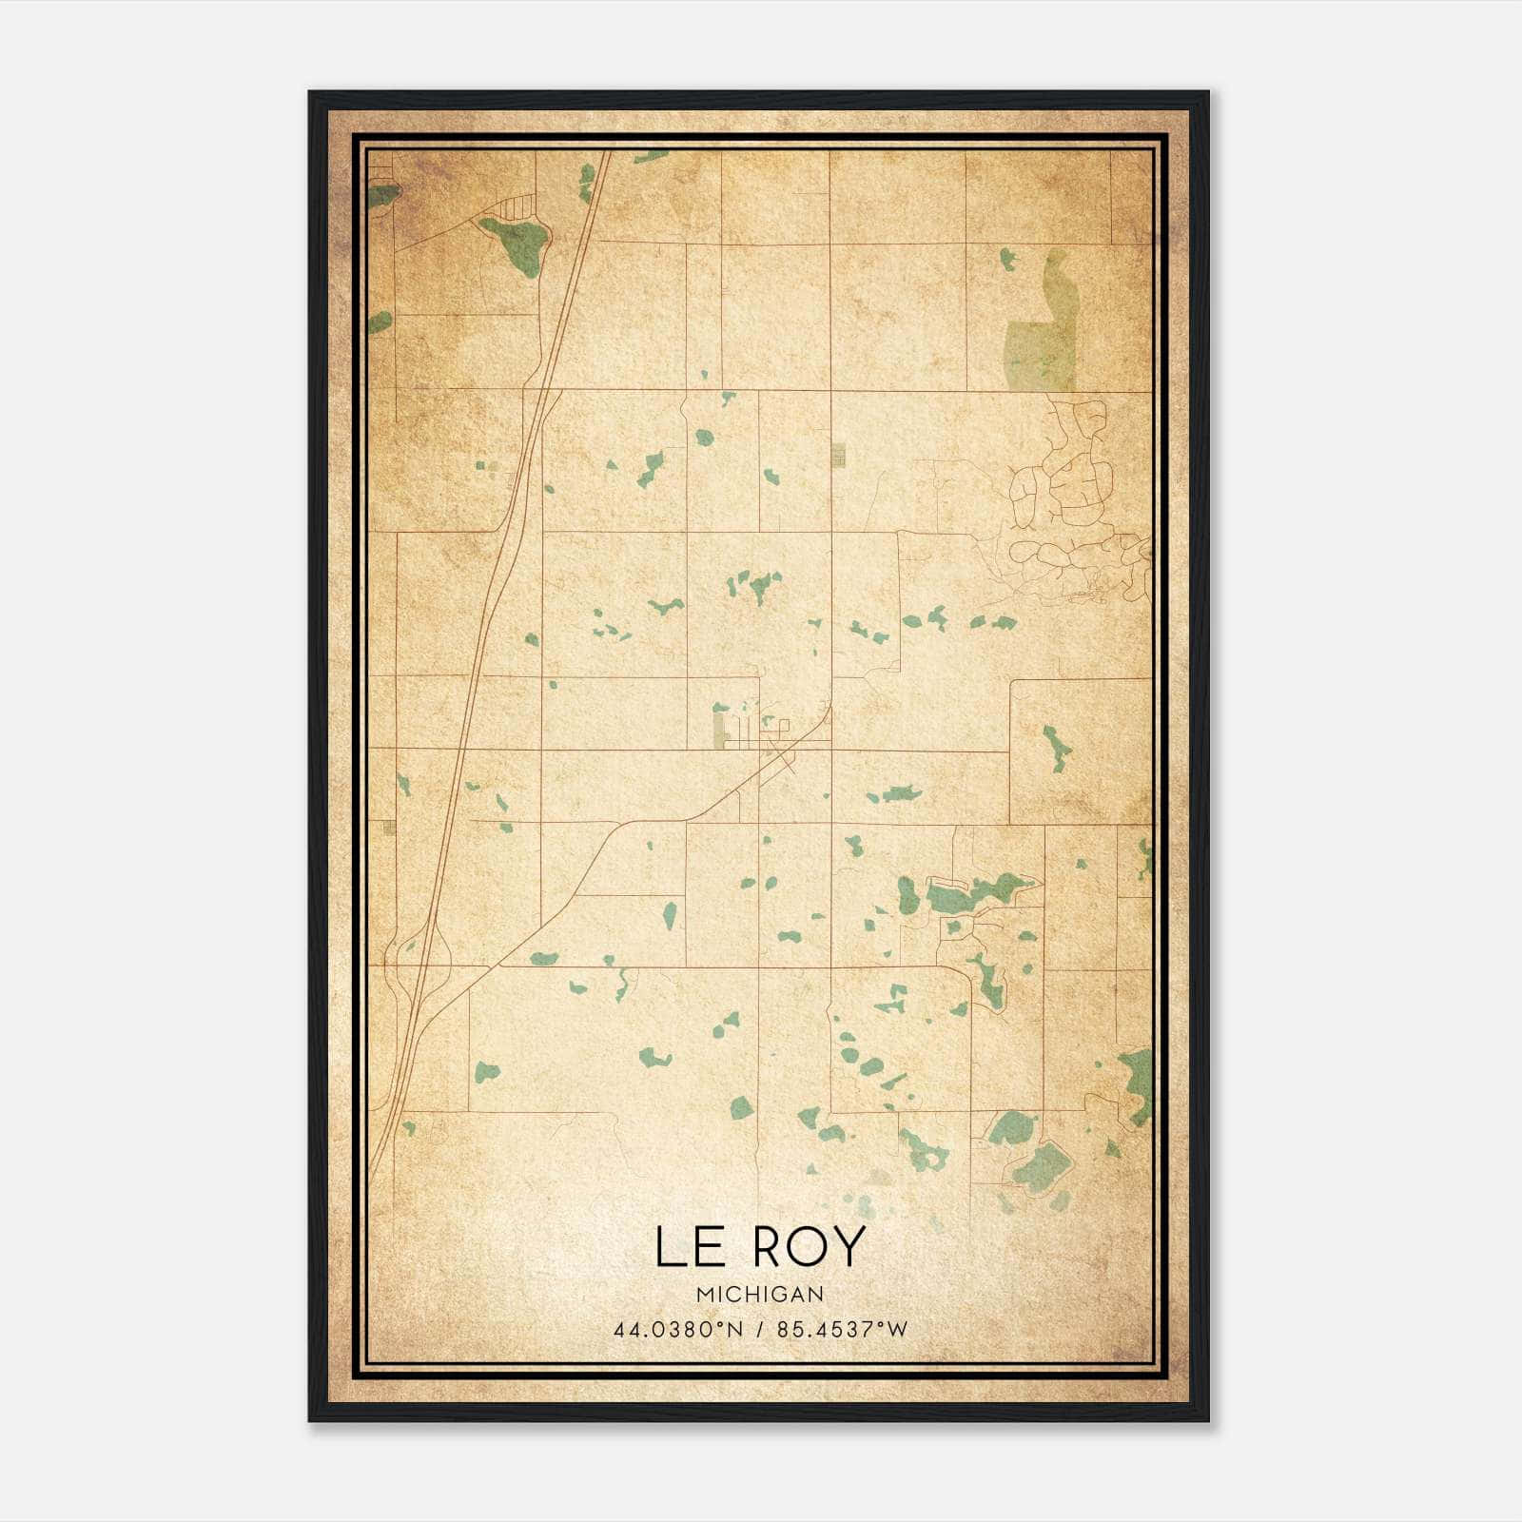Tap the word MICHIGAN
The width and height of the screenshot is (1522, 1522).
point(760,1295)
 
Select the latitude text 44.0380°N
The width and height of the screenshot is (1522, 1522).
point(677,1330)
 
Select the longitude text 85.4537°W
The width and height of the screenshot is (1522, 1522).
point(842,1330)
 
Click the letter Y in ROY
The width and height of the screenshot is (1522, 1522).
point(849,1247)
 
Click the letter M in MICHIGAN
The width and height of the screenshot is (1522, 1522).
point(704,1295)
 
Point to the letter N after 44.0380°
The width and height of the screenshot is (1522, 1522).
point(735,1330)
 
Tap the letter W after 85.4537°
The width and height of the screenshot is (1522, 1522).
point(897,1330)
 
